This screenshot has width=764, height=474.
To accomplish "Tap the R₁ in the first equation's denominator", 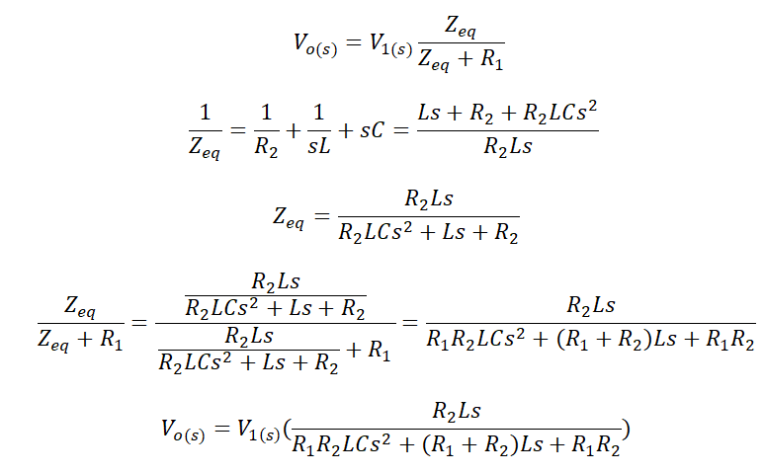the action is pos(491,59).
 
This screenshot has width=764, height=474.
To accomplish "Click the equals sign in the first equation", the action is pos(353,42).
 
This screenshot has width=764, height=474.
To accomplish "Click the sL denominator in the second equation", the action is pos(319,145).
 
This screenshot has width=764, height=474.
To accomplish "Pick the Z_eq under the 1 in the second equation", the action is pos(205,147).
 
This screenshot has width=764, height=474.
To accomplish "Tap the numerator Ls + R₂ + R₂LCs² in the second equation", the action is pos(507,113).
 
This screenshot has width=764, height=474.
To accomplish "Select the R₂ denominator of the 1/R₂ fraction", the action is pos(266,147).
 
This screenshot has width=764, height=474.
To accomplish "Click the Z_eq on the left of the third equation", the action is pos(289,217).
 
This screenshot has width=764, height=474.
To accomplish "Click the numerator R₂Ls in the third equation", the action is pos(429,199).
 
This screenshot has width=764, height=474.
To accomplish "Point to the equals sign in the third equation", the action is pos(321,215).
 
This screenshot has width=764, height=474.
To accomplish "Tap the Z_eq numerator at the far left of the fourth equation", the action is pos(80,307).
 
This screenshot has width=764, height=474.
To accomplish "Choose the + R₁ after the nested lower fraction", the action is pos(369,351).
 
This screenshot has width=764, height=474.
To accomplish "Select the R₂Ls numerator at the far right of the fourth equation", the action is pos(591,306).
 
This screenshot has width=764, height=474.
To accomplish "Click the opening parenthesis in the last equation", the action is pos(287,430).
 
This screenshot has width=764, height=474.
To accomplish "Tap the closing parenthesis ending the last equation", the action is pos(626,430).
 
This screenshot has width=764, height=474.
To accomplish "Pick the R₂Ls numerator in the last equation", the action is pos(457,412).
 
